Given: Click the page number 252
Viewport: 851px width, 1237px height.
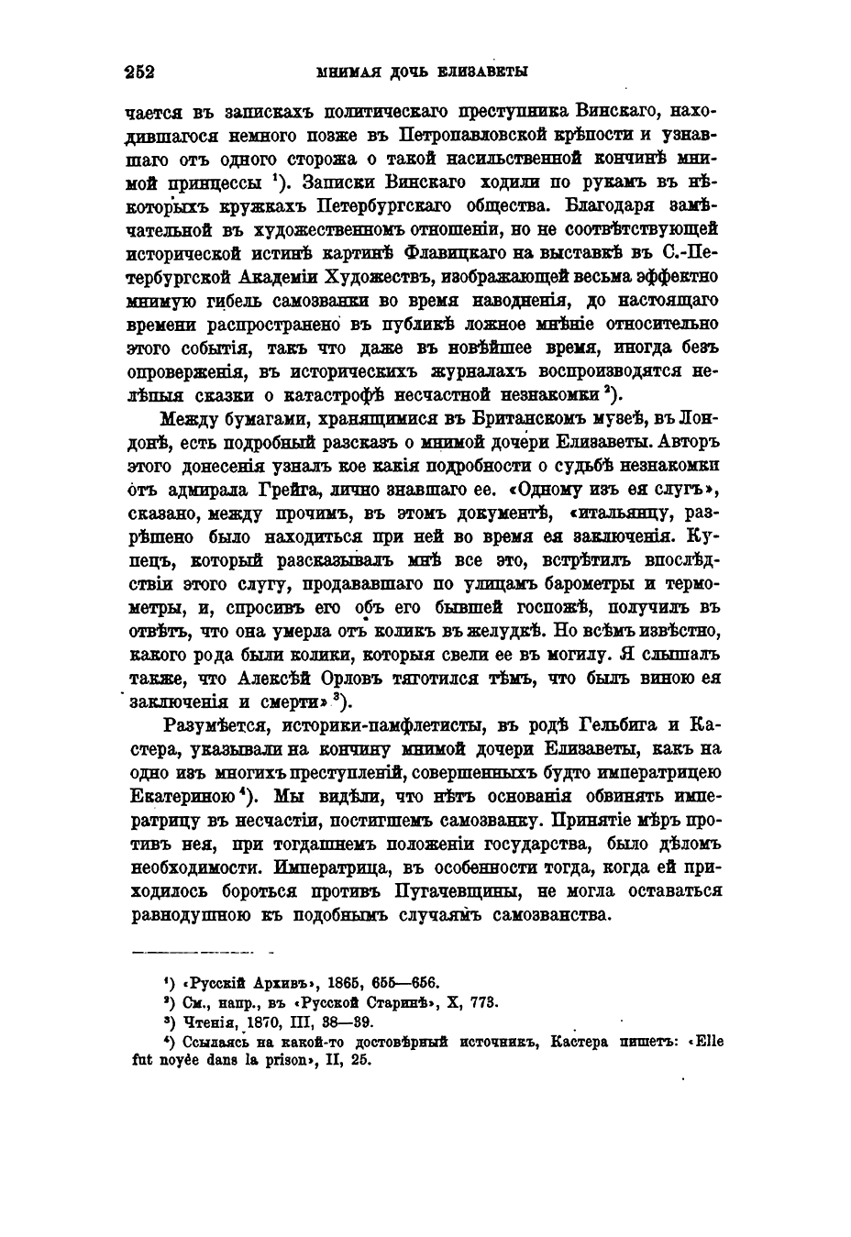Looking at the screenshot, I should pos(139,72).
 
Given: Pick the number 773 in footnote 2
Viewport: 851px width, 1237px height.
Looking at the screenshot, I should pos(484,1002).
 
